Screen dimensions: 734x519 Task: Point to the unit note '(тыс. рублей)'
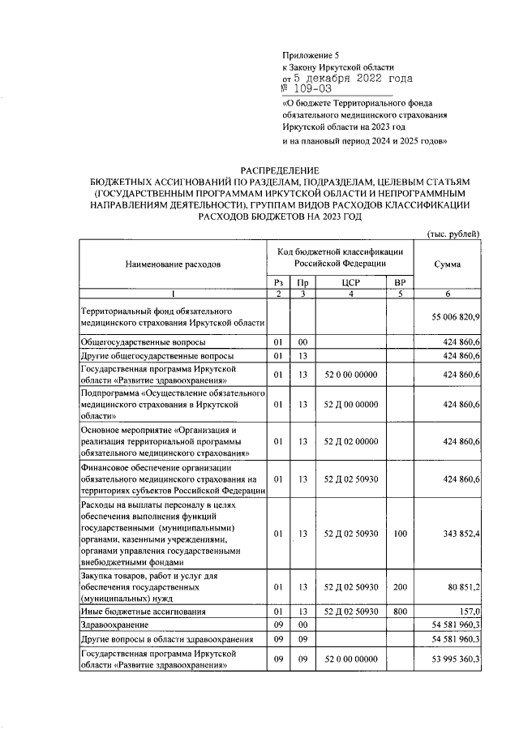point(453,234)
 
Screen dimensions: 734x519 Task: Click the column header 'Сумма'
point(448,264)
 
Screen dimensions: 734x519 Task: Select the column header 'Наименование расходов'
point(172,264)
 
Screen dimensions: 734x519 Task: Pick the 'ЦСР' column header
point(350,281)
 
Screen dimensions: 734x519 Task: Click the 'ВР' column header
point(397,281)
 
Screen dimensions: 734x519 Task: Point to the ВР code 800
point(397,611)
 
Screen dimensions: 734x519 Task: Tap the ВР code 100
point(397,534)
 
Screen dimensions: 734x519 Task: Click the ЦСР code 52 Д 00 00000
point(350,404)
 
